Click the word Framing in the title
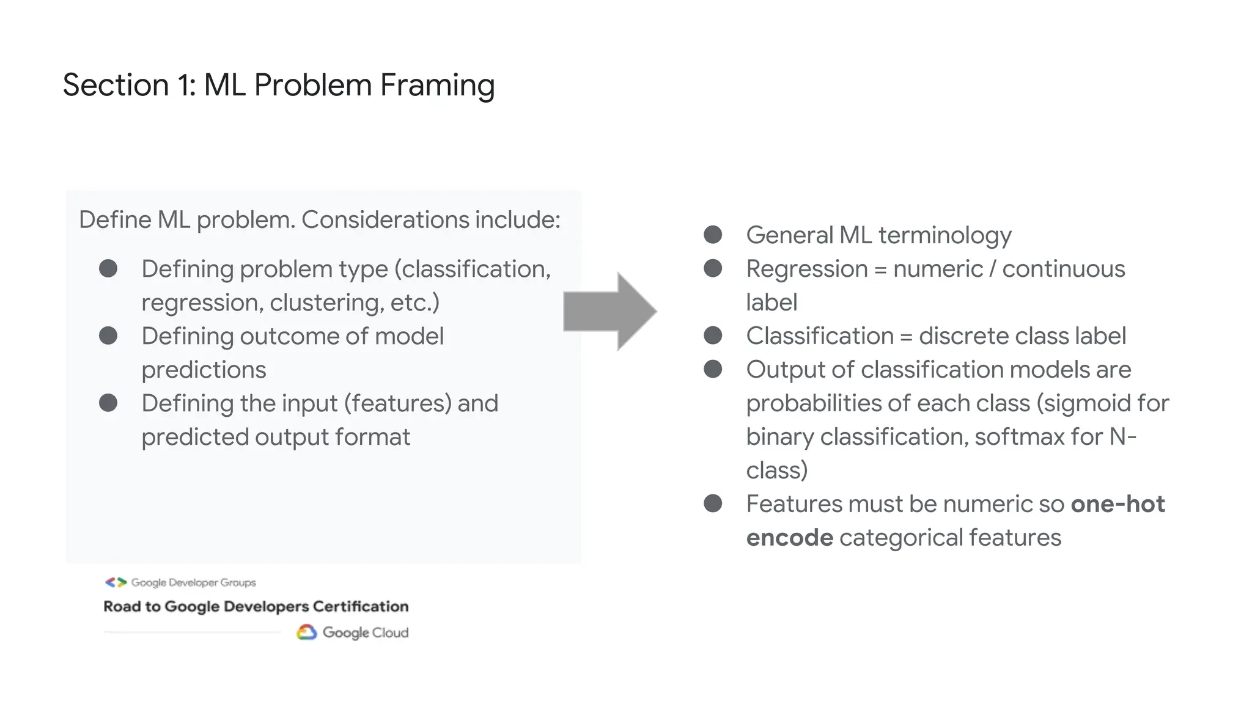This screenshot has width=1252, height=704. click(x=437, y=86)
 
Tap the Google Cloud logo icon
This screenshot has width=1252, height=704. click(x=306, y=632)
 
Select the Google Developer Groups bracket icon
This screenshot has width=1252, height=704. click(x=116, y=582)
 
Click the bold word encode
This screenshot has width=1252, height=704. click(x=789, y=538)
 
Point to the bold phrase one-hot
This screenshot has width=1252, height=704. click(x=1118, y=504)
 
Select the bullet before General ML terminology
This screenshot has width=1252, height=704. click(x=713, y=235)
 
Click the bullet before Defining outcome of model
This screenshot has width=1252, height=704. click(x=108, y=335)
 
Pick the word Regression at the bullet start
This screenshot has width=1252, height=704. click(x=807, y=269)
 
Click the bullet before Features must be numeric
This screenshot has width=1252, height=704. click(x=713, y=504)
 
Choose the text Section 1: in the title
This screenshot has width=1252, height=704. click(x=129, y=86)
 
